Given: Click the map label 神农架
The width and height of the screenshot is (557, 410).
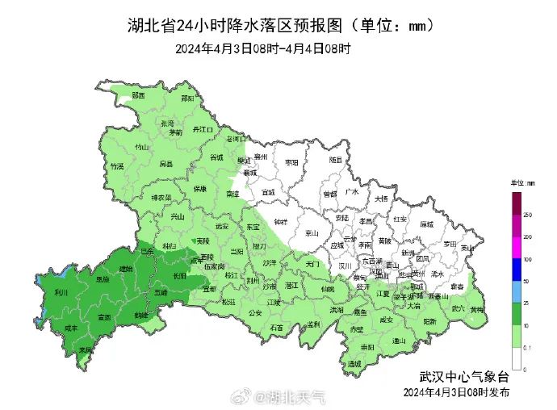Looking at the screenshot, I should (x=161, y=197).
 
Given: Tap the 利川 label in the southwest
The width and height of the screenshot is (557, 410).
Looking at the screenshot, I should (x=61, y=293).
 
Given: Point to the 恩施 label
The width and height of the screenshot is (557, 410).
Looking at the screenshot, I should (x=102, y=279).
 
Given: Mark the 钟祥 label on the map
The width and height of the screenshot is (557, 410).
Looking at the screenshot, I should (x=280, y=221).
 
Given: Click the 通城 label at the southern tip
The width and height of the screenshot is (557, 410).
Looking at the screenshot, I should (x=353, y=364).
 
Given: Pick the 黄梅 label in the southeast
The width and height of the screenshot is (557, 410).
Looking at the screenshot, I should (x=477, y=309).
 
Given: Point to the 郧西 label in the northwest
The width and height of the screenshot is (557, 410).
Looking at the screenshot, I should (x=137, y=95).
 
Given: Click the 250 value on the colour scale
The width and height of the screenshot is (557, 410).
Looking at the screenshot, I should (x=527, y=215).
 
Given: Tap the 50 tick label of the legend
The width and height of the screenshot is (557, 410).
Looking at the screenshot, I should (x=526, y=281).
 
